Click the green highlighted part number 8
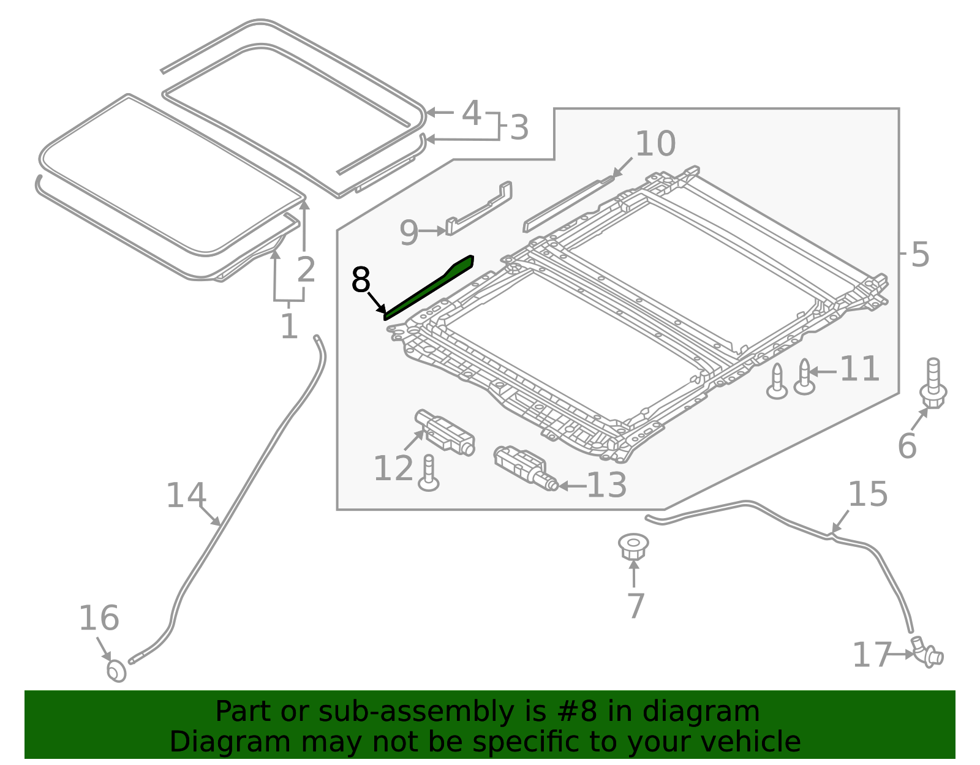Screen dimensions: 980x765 pos(428,288)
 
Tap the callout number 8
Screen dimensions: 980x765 pos(361,280)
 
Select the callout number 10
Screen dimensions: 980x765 pos(655,144)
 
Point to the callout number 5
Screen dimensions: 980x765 pos(920,255)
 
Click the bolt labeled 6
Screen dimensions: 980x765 pos(933,383)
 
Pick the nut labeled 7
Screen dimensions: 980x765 pos(633,547)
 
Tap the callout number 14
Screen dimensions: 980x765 pos(186,496)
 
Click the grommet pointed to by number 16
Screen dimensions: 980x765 pos(116,671)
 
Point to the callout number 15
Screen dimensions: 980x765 pos(868,494)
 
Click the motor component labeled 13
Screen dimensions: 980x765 pos(526,469)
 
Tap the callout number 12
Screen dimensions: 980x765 pos(393,469)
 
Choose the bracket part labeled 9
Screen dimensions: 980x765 pos(479,208)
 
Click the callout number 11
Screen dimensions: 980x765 pos(859,369)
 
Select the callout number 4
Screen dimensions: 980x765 pos(471,113)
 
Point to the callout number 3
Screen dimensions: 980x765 pos(519,127)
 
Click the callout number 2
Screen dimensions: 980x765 pos(306,269)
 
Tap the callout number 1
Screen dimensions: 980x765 pos(289,326)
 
